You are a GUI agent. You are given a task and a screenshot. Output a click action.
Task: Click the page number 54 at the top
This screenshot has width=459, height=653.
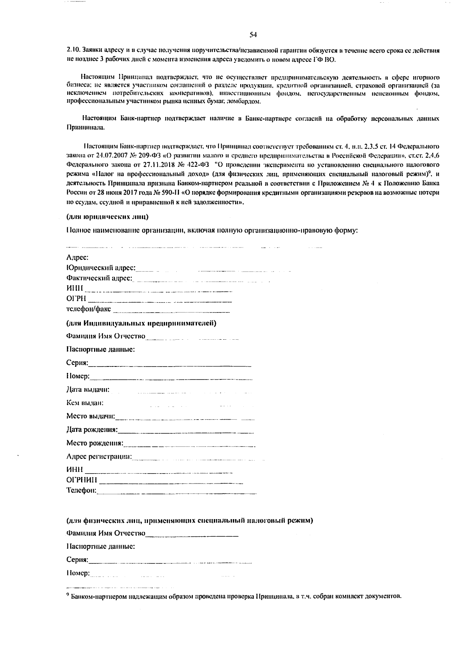(x=252, y=35)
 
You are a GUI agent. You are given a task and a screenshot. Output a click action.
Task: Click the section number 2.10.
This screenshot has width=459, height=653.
(x=72, y=50)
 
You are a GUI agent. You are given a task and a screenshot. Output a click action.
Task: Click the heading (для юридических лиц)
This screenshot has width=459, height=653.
(x=107, y=217)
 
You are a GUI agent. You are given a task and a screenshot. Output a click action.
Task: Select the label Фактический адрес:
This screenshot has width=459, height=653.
(x=99, y=278)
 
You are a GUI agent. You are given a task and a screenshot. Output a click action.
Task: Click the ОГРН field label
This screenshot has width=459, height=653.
(x=76, y=298)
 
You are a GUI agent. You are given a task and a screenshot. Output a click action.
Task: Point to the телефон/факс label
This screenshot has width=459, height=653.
(x=89, y=308)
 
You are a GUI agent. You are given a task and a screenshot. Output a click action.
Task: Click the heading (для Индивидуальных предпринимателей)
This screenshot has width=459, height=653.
(x=141, y=323)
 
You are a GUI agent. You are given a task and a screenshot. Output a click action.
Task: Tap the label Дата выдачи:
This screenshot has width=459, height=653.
(x=88, y=389)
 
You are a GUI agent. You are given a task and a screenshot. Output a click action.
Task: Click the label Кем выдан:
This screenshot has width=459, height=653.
(x=85, y=403)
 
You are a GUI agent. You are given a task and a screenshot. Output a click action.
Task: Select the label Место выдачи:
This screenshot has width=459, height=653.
(x=91, y=416)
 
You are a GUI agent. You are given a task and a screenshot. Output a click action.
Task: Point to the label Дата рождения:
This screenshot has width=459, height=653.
(x=92, y=430)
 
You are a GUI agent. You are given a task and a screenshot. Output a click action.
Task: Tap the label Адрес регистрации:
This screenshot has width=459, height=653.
(x=99, y=456)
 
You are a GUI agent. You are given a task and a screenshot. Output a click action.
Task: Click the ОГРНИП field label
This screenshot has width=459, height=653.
(x=82, y=480)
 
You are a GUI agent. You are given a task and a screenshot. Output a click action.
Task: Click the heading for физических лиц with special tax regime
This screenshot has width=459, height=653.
(x=190, y=520)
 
